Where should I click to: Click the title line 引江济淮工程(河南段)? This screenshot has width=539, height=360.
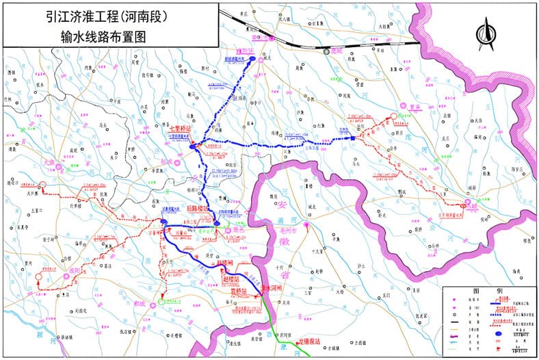coord(109,14)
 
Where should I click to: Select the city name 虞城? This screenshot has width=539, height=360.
coord(335,50)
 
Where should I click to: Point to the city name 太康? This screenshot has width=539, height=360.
coord(48,162)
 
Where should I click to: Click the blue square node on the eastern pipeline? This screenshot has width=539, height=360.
coord(353,138)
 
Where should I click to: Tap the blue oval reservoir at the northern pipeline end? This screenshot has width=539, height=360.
coord(252,60)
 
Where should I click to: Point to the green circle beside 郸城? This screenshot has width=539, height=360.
coord(161,300)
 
